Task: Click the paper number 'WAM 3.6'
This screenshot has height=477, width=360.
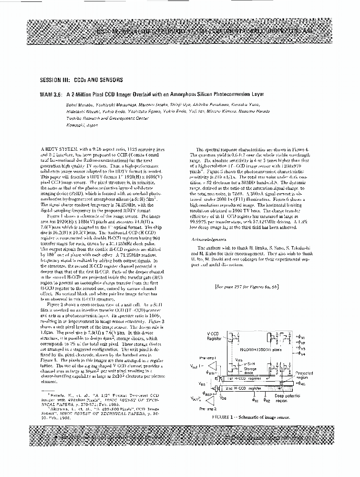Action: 51,94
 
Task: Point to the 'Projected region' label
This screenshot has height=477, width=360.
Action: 304,375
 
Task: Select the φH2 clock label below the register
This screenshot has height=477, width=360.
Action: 267,401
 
